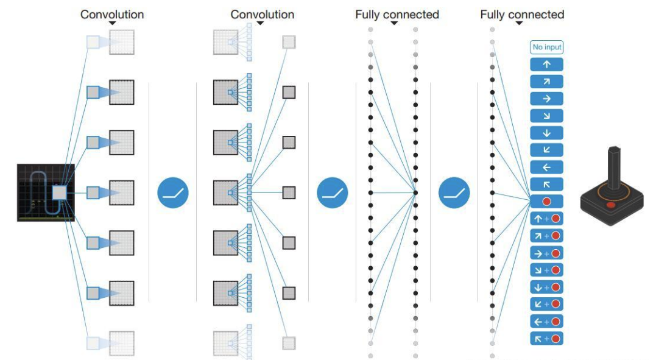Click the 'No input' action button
pos(546,48)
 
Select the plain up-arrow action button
pos(546,65)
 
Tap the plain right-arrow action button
pos(546,99)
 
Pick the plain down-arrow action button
pos(546,133)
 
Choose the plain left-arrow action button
pos(546,168)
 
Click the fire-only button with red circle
pos(546,202)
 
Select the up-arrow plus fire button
pos(546,219)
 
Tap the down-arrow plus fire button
pos(546,287)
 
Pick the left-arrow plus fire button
pos(546,322)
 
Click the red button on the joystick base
pos(611,205)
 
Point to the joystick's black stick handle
pos(614,168)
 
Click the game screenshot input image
pos(46,192)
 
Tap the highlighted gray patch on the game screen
pos(59,193)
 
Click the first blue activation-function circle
pos(173,192)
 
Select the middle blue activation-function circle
pos(332,192)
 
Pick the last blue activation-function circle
pos(454,192)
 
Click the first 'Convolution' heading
pos(112,15)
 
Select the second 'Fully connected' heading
pos(522,15)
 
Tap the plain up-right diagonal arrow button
pos(546,82)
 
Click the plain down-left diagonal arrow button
pos(546,150)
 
